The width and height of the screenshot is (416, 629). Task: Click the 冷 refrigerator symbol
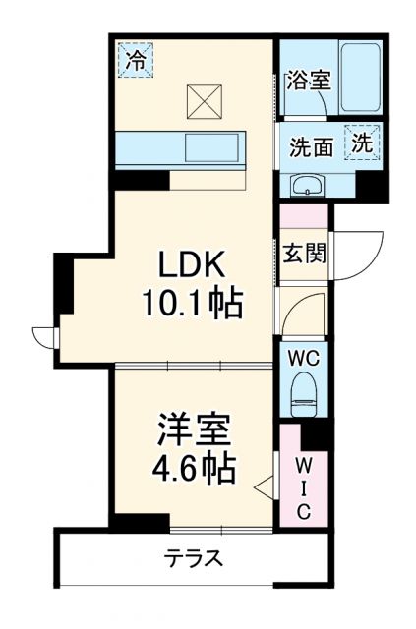(x=136, y=60)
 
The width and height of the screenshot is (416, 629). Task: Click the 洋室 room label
(x=194, y=430)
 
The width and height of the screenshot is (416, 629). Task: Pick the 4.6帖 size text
(x=194, y=469)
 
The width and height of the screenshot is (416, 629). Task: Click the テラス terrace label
(x=193, y=560)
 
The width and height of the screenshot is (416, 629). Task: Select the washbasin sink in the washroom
(x=307, y=184)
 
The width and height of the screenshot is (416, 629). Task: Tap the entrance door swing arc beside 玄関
(x=360, y=252)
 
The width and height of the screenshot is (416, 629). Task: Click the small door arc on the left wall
(x=44, y=337)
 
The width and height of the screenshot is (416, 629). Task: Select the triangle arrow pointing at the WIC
(x=262, y=485)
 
